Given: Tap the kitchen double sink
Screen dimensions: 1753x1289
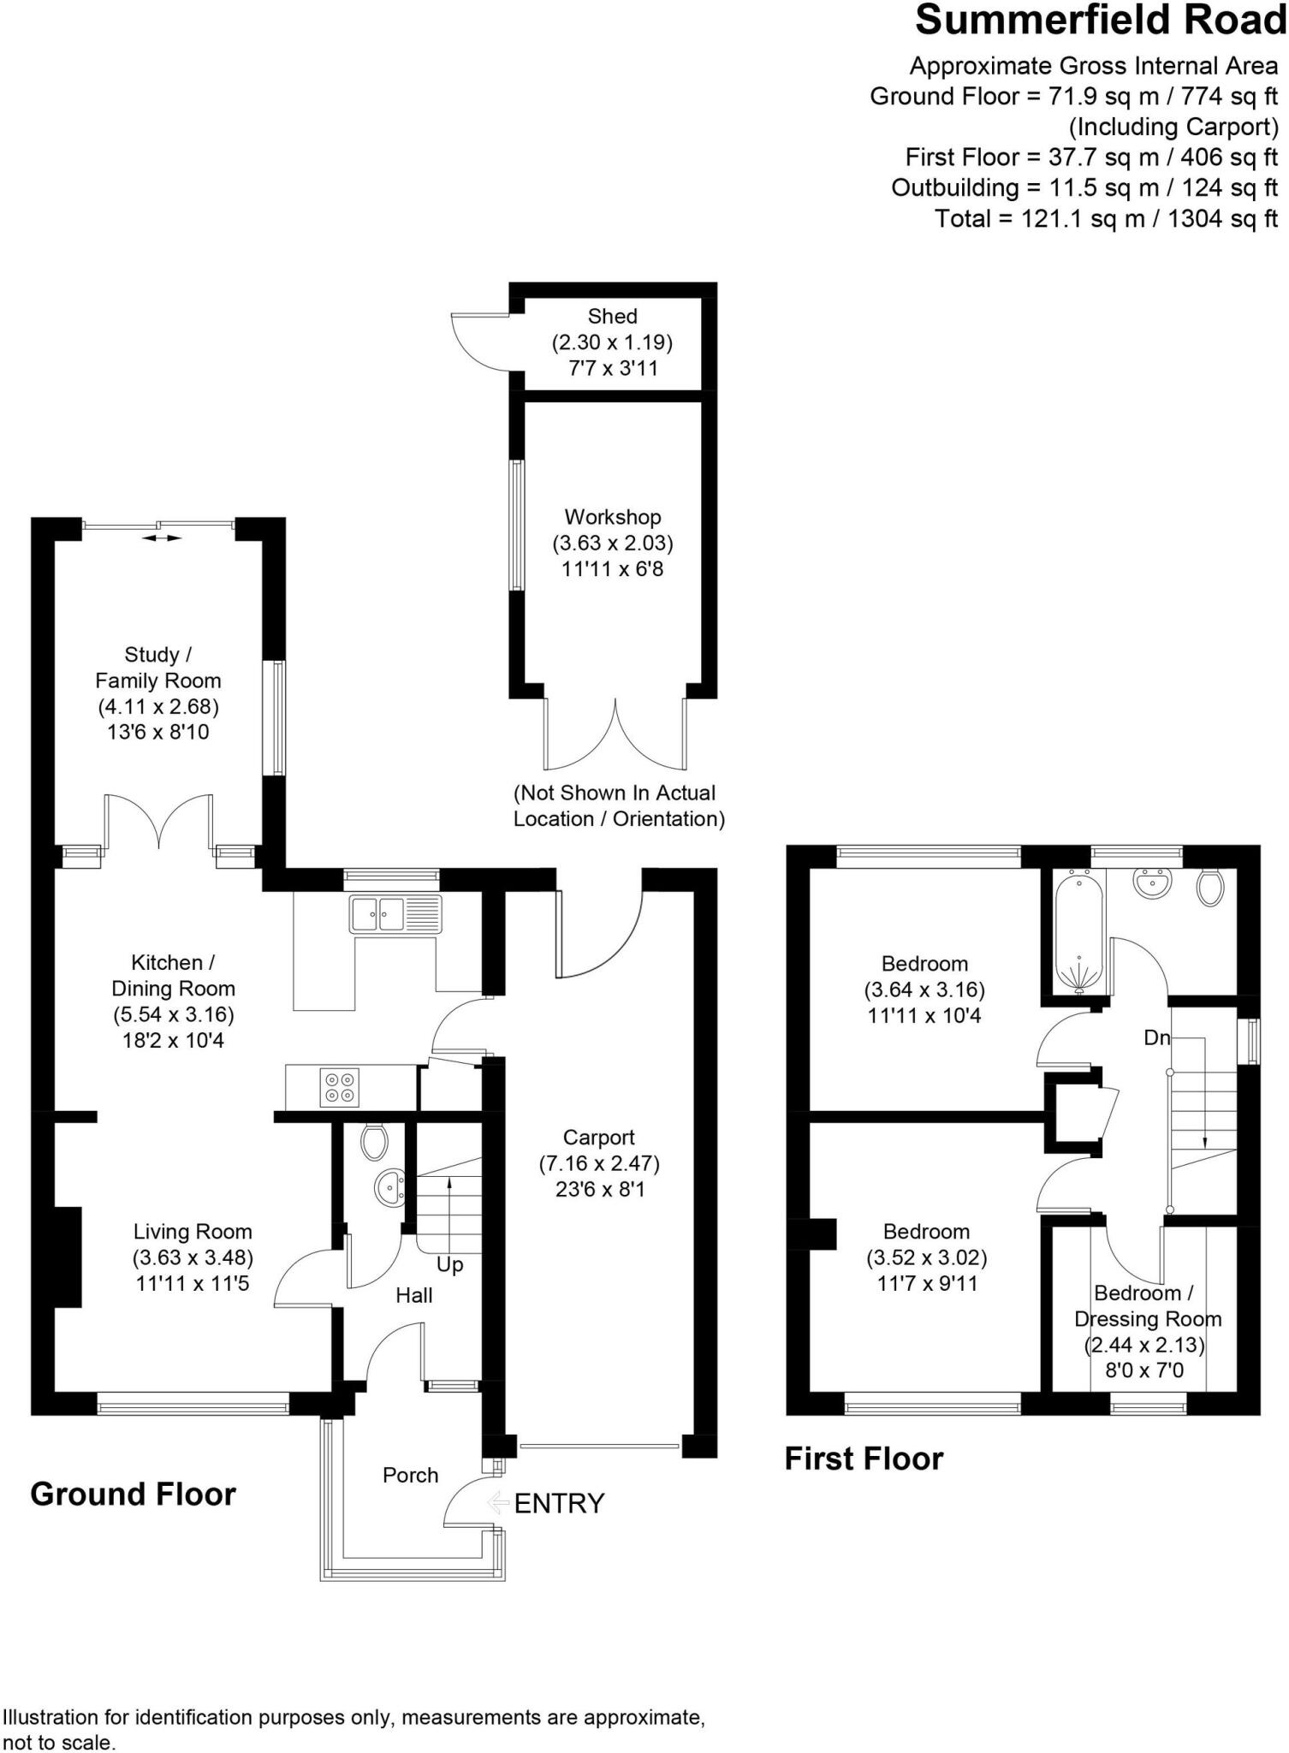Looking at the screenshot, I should [x=395, y=913].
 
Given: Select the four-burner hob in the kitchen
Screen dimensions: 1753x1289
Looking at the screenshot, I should [x=340, y=1087].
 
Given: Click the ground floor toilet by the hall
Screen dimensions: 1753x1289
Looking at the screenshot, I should [x=374, y=1141].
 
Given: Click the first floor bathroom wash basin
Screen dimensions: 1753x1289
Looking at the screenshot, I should [x=1152, y=883].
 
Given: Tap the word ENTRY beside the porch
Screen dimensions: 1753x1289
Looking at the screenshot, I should [x=559, y=1503].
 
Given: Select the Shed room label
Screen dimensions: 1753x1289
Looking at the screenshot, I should [x=612, y=317].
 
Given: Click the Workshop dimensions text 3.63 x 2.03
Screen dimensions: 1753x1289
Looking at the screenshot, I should [x=612, y=543].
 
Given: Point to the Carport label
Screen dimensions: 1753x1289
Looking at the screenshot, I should [x=598, y=1138].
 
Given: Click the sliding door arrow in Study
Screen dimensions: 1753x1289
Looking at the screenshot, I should [x=162, y=538].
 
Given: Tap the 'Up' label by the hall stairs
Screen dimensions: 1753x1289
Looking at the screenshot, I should [x=449, y=1264].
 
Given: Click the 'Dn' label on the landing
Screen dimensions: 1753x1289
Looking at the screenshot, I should [x=1156, y=1037].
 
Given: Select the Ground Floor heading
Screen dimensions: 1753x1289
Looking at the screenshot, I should [x=133, y=1495].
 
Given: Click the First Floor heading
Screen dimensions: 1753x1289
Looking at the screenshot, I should [x=864, y=1459].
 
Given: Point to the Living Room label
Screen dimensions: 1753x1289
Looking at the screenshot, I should [x=193, y=1232].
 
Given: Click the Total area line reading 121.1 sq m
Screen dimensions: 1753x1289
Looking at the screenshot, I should [x=1106, y=218].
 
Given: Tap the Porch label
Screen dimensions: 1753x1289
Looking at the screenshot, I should [x=410, y=1475].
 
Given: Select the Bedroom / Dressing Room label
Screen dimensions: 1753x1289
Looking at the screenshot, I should [x=1147, y=1305].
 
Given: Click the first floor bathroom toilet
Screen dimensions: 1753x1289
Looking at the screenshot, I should [x=1209, y=888].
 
